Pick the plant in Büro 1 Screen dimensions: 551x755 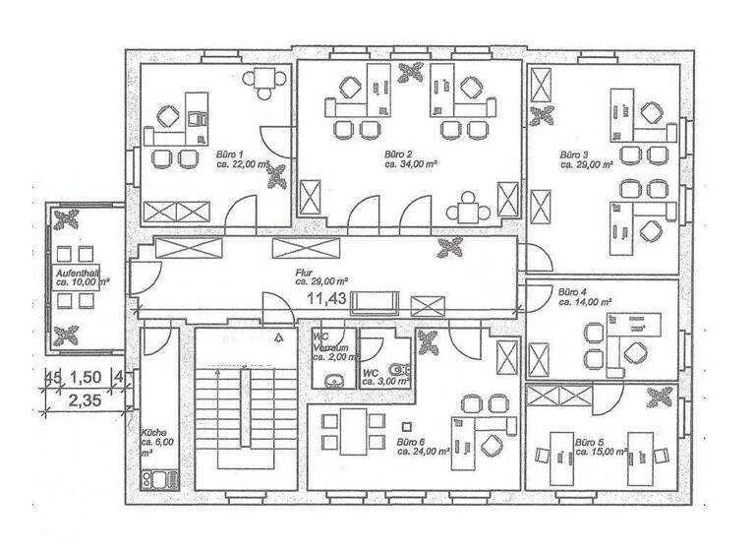tap(279, 176)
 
